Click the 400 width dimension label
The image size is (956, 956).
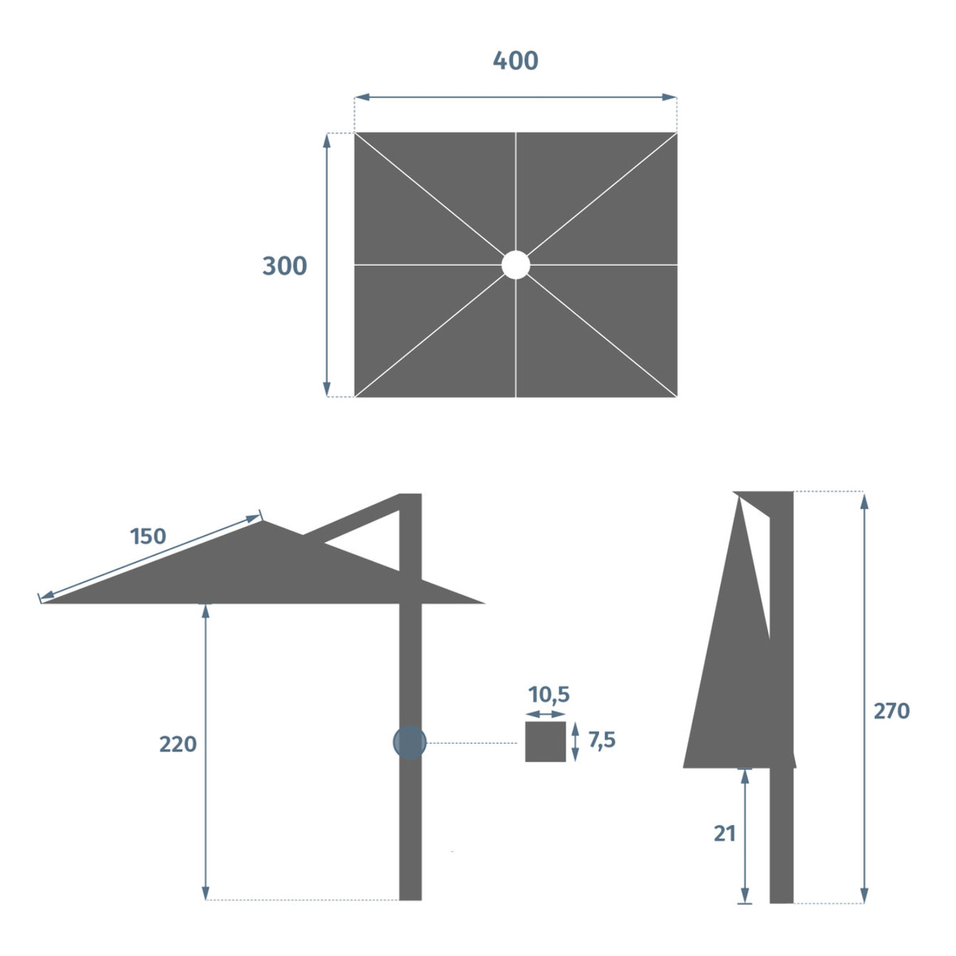pos(515,61)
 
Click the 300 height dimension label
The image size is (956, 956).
pos(284,266)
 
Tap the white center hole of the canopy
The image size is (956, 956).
pos(516,265)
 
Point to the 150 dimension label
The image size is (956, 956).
pos(148,536)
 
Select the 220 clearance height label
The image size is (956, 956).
pos(177,744)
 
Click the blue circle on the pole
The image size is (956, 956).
pos(410,742)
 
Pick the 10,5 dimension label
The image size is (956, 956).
pos(549,694)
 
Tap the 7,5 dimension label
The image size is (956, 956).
pos(602,740)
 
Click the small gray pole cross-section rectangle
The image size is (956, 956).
pos(546,742)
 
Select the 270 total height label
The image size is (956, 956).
pos(891,710)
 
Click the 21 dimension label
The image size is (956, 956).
pos(724,833)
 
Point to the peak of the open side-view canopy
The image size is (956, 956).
pos(263,521)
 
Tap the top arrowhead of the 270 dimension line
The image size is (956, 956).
pos(864,499)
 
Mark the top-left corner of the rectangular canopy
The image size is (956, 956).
pos(355,133)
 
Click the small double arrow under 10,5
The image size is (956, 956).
pos(549,713)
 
